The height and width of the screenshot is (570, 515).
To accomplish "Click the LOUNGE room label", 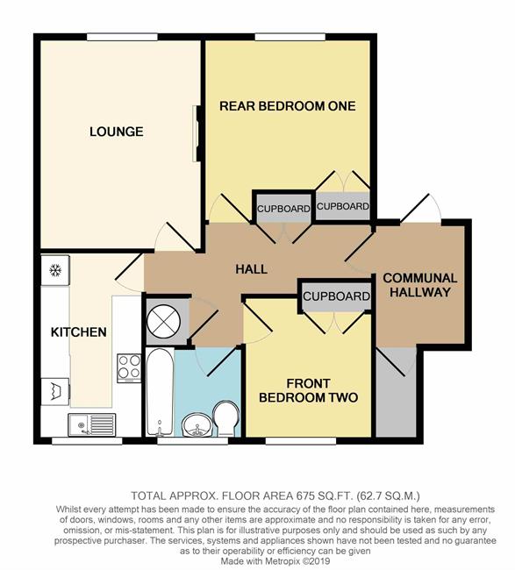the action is click(x=117, y=132).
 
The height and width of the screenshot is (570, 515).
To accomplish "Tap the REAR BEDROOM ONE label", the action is click(x=287, y=106).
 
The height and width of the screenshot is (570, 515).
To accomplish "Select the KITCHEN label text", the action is click(x=79, y=331).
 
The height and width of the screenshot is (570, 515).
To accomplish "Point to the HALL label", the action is click(x=251, y=269).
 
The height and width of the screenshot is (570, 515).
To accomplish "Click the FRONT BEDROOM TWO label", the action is click(x=309, y=390).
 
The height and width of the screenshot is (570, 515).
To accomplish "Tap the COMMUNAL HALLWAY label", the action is click(x=420, y=285).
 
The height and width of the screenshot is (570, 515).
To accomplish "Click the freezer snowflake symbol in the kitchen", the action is click(x=55, y=270).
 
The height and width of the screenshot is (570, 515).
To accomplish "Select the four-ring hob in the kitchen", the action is click(x=129, y=368).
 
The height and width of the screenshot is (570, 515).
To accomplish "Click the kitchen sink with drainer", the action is click(x=91, y=424).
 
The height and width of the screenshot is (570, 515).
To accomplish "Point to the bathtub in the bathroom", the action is click(x=160, y=392).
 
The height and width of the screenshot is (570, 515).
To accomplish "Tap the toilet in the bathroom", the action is click(x=225, y=418).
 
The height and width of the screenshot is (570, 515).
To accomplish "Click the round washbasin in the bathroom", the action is click(x=197, y=424).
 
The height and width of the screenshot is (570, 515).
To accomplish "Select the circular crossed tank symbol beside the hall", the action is click(x=164, y=321).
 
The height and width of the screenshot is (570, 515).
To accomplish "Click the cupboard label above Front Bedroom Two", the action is click(x=336, y=296).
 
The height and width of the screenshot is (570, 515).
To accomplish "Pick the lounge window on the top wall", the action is click(x=122, y=37).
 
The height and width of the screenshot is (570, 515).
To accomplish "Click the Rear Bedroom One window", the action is click(x=290, y=37).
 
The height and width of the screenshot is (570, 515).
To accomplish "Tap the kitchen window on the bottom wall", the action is click(x=87, y=441).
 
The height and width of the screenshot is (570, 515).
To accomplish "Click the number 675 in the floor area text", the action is click(x=305, y=495).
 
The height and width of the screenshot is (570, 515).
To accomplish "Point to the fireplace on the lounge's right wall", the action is click(x=197, y=133).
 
